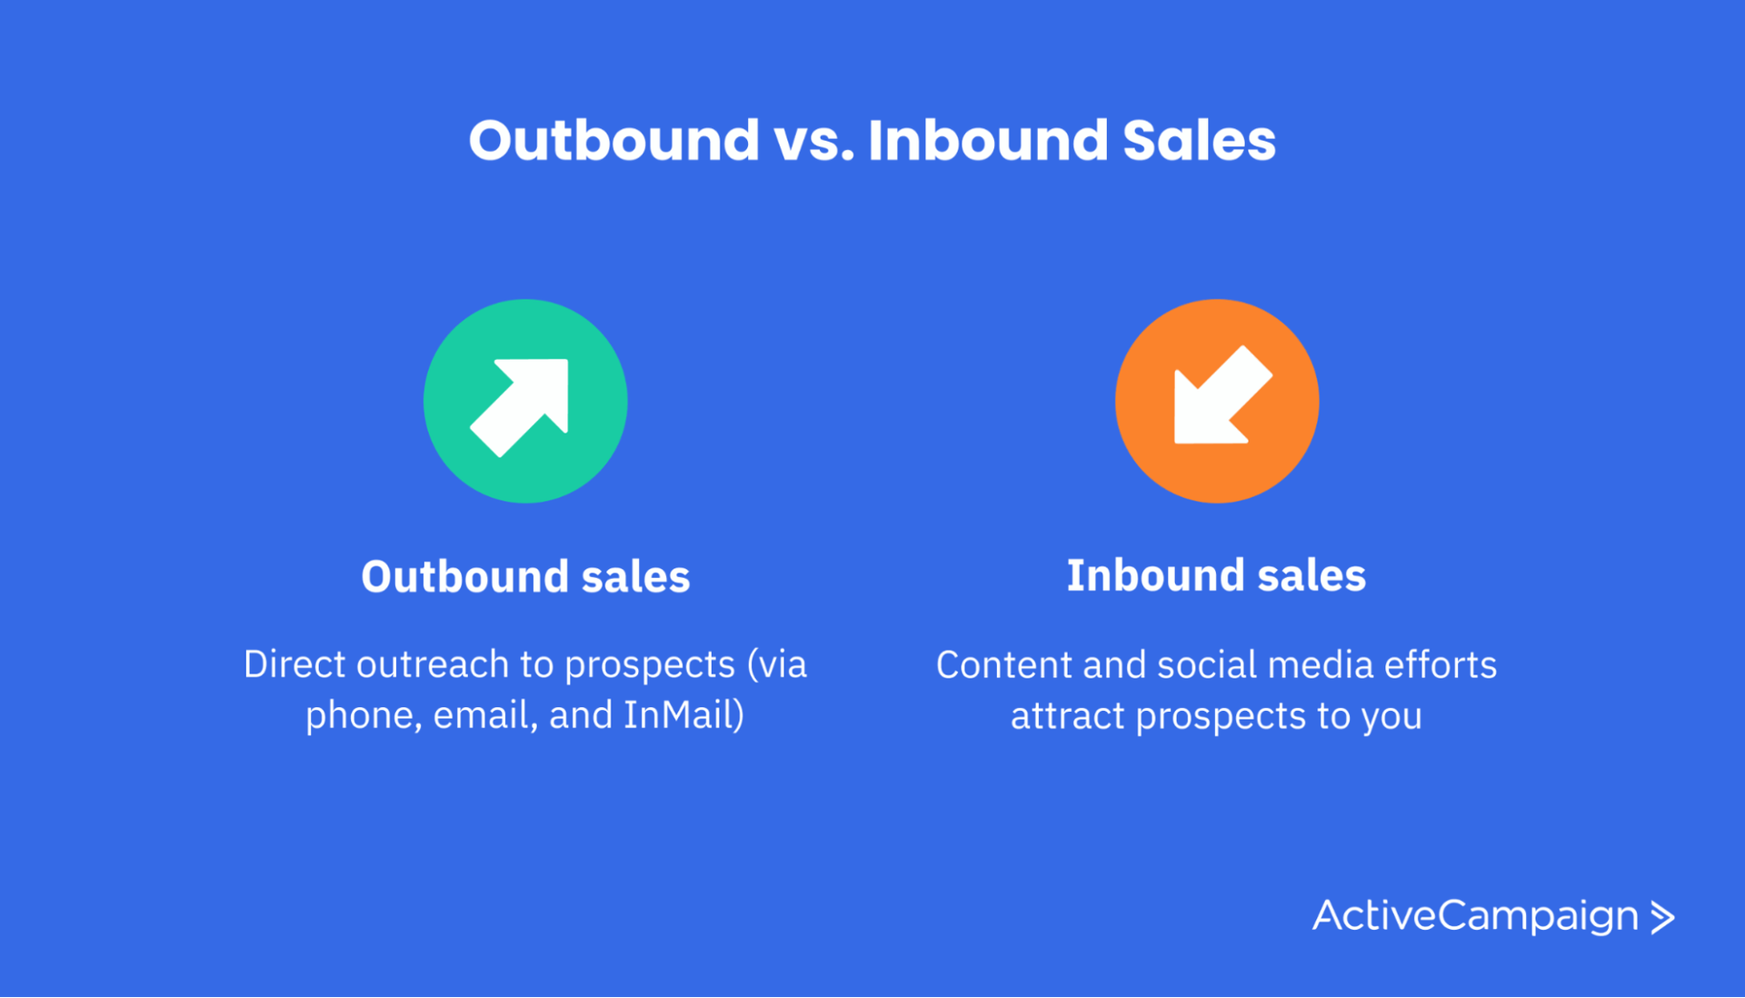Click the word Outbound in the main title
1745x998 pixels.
613,141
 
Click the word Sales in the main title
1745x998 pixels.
1199,141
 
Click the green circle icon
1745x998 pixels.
525,401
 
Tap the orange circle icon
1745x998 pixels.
1217,401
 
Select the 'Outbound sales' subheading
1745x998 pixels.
525,576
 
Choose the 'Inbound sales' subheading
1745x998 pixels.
1216,575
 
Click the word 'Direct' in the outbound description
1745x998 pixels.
294,664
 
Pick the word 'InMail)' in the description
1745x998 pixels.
683,714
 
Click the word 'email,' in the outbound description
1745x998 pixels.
485,714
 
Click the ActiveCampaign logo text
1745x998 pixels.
1475,916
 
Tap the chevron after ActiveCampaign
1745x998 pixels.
1662,917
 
